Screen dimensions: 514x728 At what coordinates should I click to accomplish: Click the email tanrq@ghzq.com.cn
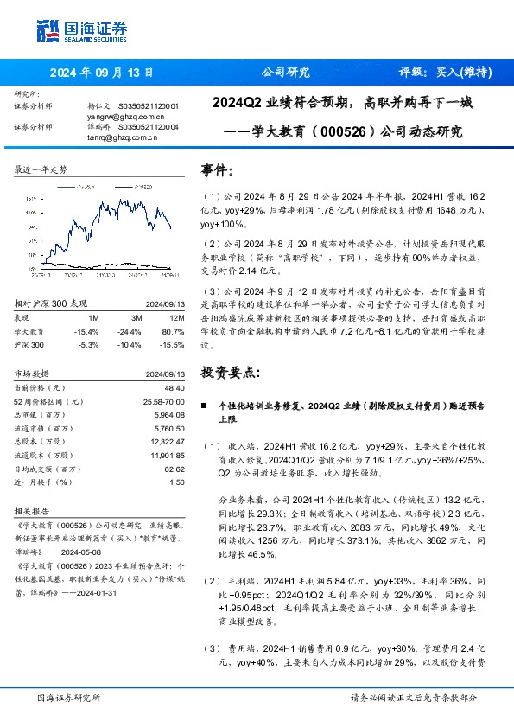[x=121, y=136]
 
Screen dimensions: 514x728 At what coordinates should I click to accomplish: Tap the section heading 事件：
[x=216, y=171]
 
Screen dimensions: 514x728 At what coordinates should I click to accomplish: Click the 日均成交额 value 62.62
[x=173, y=469]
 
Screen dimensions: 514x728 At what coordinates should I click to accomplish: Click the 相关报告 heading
[x=35, y=510]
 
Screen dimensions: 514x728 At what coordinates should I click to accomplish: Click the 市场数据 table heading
[x=35, y=374]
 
